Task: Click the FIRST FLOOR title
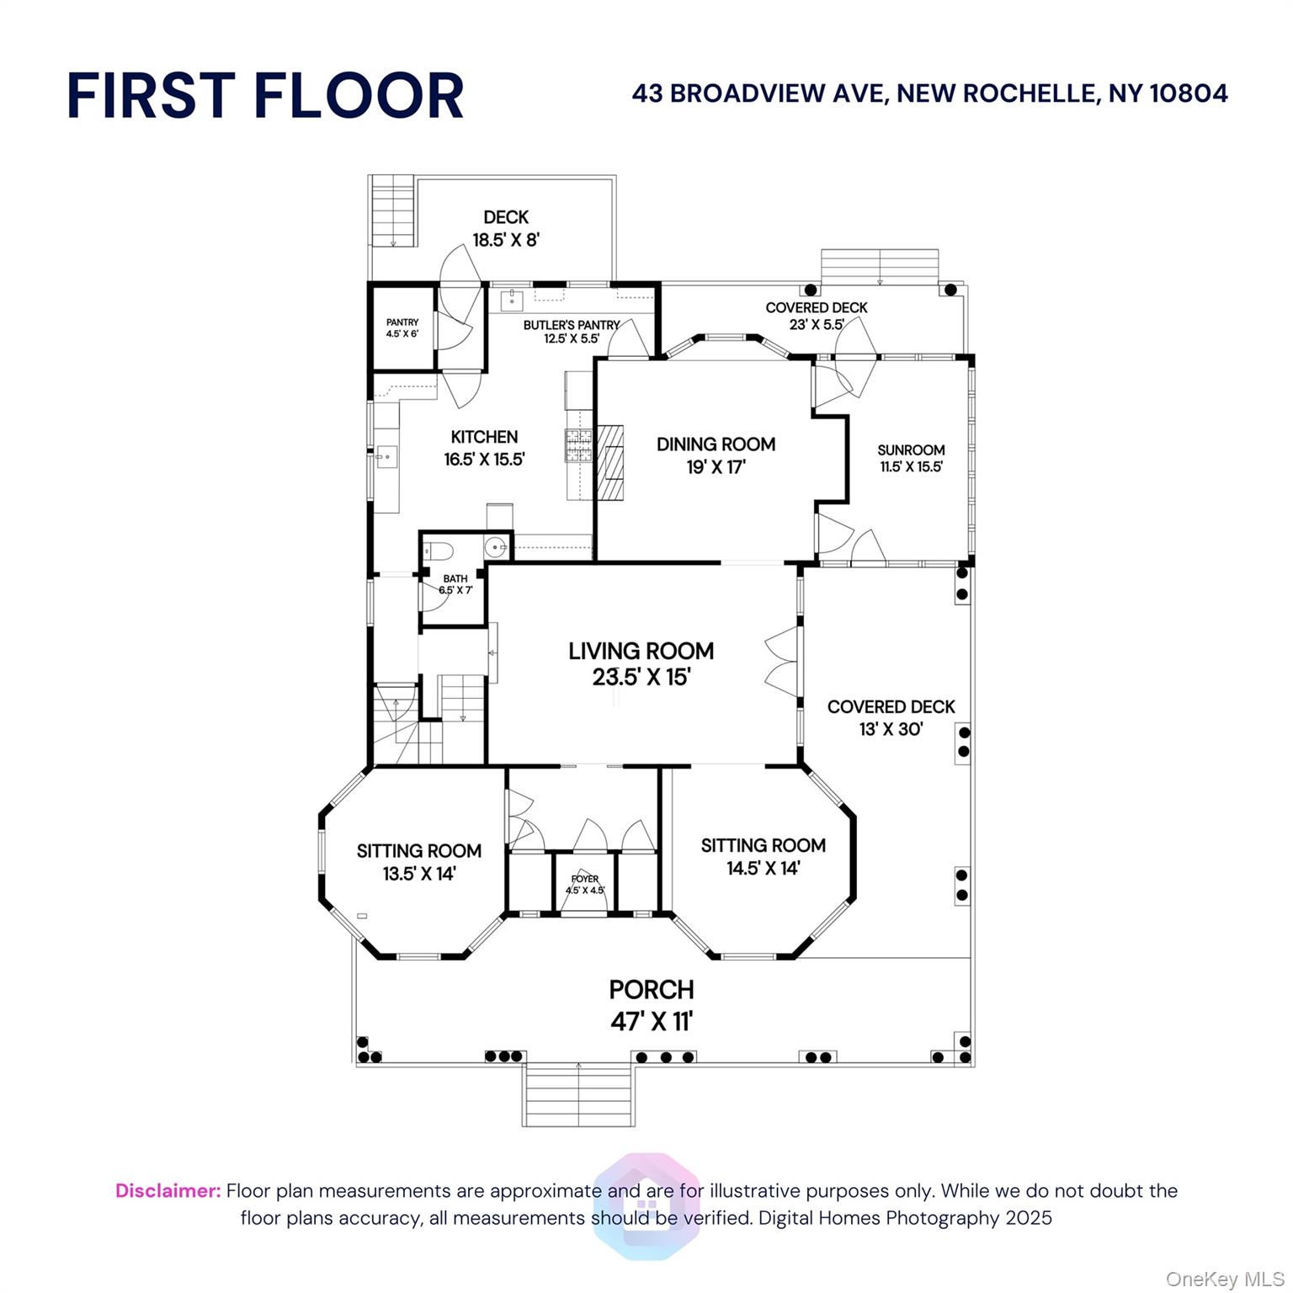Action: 265,95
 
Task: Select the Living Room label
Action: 641,651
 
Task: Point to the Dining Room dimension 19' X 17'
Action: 716,466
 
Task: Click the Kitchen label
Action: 484,437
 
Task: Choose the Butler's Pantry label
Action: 572,325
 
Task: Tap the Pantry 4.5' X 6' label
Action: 402,327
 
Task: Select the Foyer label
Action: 585,879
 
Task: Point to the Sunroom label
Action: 911,450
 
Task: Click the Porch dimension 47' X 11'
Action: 652,1021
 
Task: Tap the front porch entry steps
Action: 578,1094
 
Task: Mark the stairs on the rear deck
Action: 392,210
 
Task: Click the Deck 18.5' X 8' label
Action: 506,228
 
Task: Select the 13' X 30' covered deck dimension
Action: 891,729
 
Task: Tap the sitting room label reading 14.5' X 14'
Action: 764,868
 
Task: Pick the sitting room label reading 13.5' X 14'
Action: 419,873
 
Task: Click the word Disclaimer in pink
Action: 168,1190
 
